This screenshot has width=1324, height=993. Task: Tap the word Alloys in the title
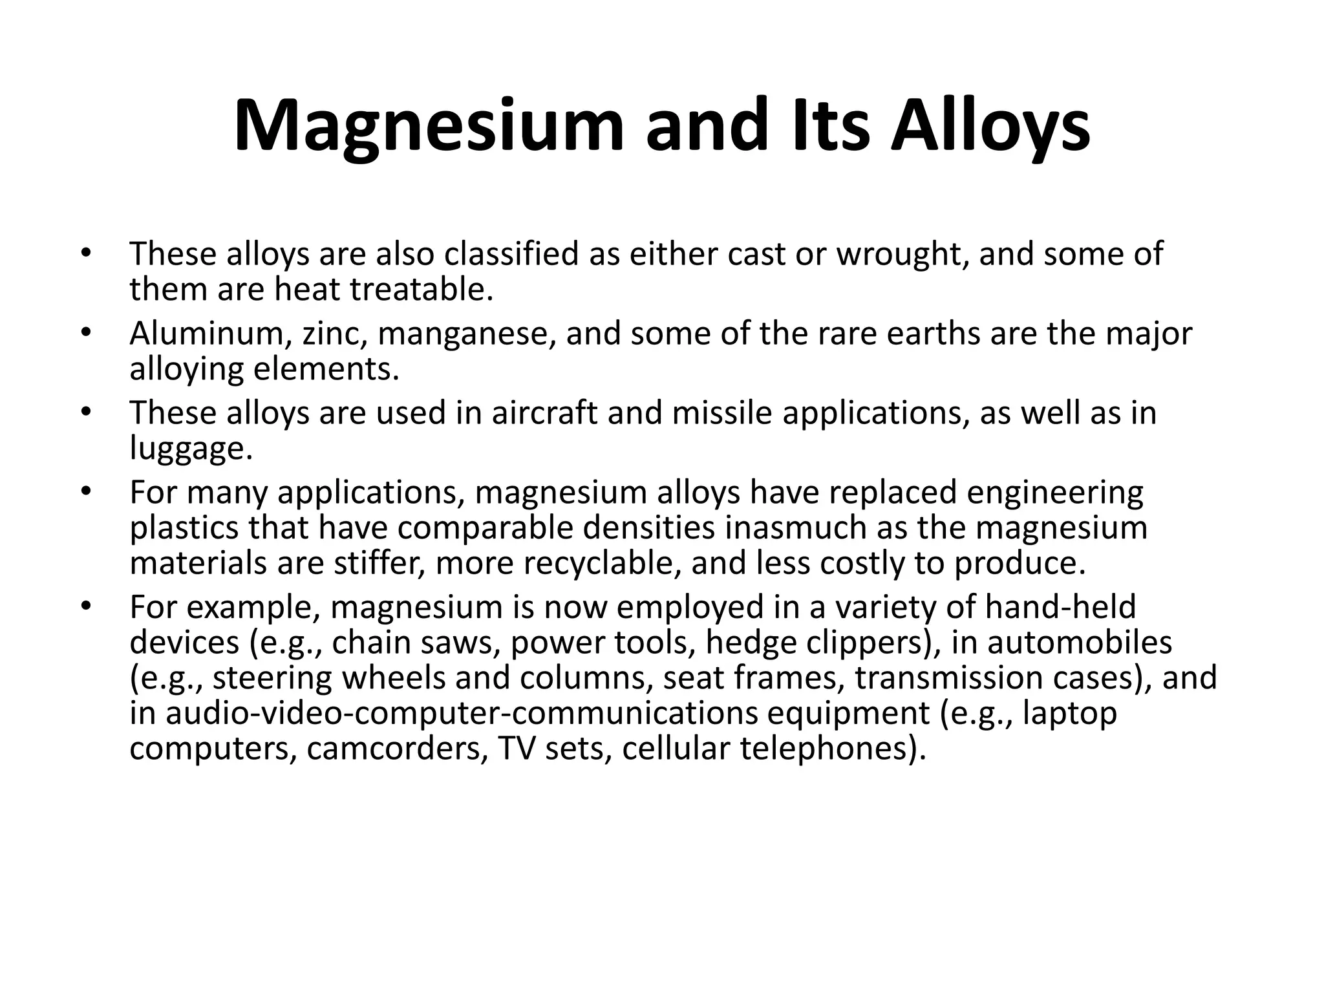(990, 127)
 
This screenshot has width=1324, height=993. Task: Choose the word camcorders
(397, 749)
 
